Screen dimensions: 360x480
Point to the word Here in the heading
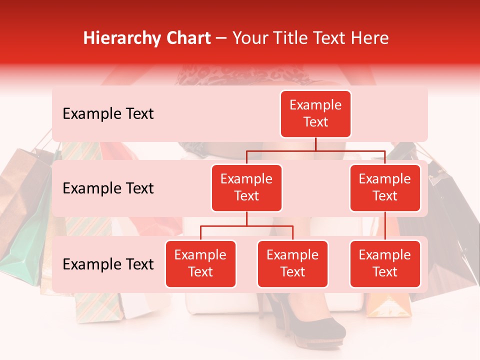pyautogui.click(x=369, y=38)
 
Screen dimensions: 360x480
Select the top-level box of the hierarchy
pyautogui.click(x=315, y=114)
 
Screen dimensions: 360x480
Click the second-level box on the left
pyautogui.click(x=246, y=188)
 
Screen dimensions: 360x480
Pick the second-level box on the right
pyautogui.click(x=385, y=188)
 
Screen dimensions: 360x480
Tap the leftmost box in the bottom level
pyautogui.click(x=200, y=264)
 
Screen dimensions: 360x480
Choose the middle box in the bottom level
pyautogui.click(x=292, y=264)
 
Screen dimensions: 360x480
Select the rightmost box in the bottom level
pyautogui.click(x=385, y=264)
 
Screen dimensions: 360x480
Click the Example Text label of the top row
pyautogui.click(x=108, y=114)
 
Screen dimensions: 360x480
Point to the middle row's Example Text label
pyautogui.click(x=108, y=188)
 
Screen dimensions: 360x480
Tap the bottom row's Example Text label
pyautogui.click(x=108, y=264)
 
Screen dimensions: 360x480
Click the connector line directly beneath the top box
pyautogui.click(x=315, y=144)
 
